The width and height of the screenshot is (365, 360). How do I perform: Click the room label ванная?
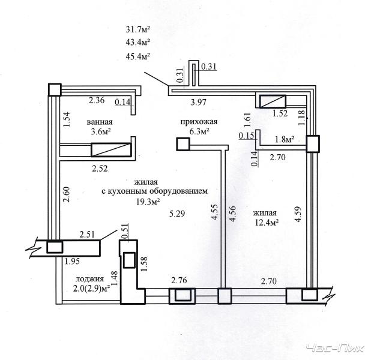[100, 122]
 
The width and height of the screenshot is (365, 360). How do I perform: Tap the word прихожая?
[199, 122]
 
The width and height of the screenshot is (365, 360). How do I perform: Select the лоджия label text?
[89, 279]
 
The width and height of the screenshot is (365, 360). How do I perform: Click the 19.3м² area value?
[148, 202]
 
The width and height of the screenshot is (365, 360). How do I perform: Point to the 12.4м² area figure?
[267, 223]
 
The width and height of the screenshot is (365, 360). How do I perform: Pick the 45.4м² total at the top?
[138, 56]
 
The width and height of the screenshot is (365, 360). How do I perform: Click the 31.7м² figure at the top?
[138, 29]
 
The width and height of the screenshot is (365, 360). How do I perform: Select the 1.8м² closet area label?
[285, 139]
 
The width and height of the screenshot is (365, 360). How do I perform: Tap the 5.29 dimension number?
[177, 214]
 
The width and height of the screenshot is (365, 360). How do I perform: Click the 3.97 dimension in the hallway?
[198, 102]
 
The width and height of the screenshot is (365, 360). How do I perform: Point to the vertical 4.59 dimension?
[298, 214]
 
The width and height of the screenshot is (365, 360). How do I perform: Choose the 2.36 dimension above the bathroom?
[97, 100]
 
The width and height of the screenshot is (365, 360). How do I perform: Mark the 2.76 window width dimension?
[179, 280]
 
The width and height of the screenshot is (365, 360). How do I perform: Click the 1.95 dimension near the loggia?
[72, 262]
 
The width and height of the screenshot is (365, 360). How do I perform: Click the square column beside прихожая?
[183, 144]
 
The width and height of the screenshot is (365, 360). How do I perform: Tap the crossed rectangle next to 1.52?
[273, 101]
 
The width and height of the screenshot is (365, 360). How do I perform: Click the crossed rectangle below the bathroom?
[111, 149]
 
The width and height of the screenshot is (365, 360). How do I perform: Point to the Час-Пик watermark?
[335, 349]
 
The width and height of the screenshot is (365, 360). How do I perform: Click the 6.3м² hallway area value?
[199, 132]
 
